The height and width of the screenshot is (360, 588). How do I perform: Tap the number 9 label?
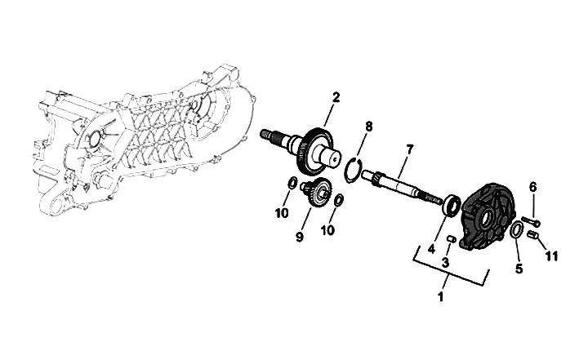[300, 238]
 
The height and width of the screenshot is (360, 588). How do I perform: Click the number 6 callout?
[533, 187]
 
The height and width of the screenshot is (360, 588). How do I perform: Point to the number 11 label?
[551, 256]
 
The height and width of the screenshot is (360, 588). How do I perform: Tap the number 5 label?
[518, 267]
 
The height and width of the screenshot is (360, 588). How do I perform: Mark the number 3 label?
[445, 263]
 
